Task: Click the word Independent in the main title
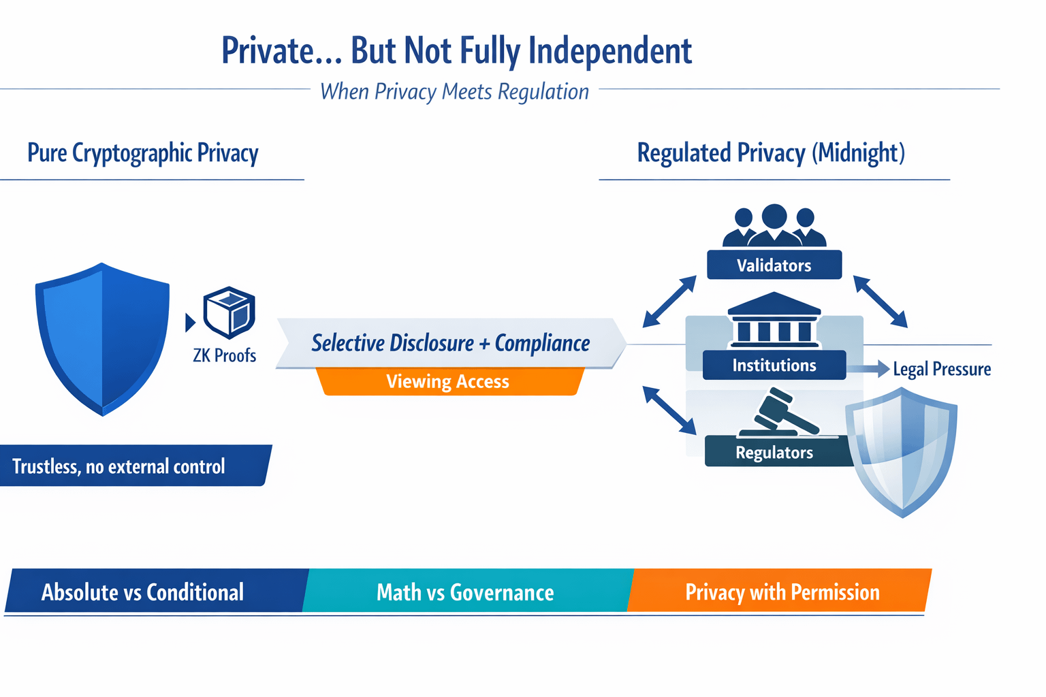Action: tap(609, 51)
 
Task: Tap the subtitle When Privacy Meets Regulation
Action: tap(454, 92)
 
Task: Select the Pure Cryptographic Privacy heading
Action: tap(143, 153)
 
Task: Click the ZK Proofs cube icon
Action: tap(229, 312)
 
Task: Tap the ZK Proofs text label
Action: tap(225, 355)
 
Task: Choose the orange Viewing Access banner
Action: tap(448, 382)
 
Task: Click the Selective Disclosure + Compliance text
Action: tap(451, 343)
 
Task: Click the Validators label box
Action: tap(774, 265)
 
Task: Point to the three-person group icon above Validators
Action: tap(774, 226)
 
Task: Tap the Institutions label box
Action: tap(774, 366)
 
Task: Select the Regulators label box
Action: tap(774, 453)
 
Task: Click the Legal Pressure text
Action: tap(942, 369)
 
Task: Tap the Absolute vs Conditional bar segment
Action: tap(143, 592)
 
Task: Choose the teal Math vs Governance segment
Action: tap(466, 592)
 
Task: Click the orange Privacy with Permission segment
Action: tap(782, 592)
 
